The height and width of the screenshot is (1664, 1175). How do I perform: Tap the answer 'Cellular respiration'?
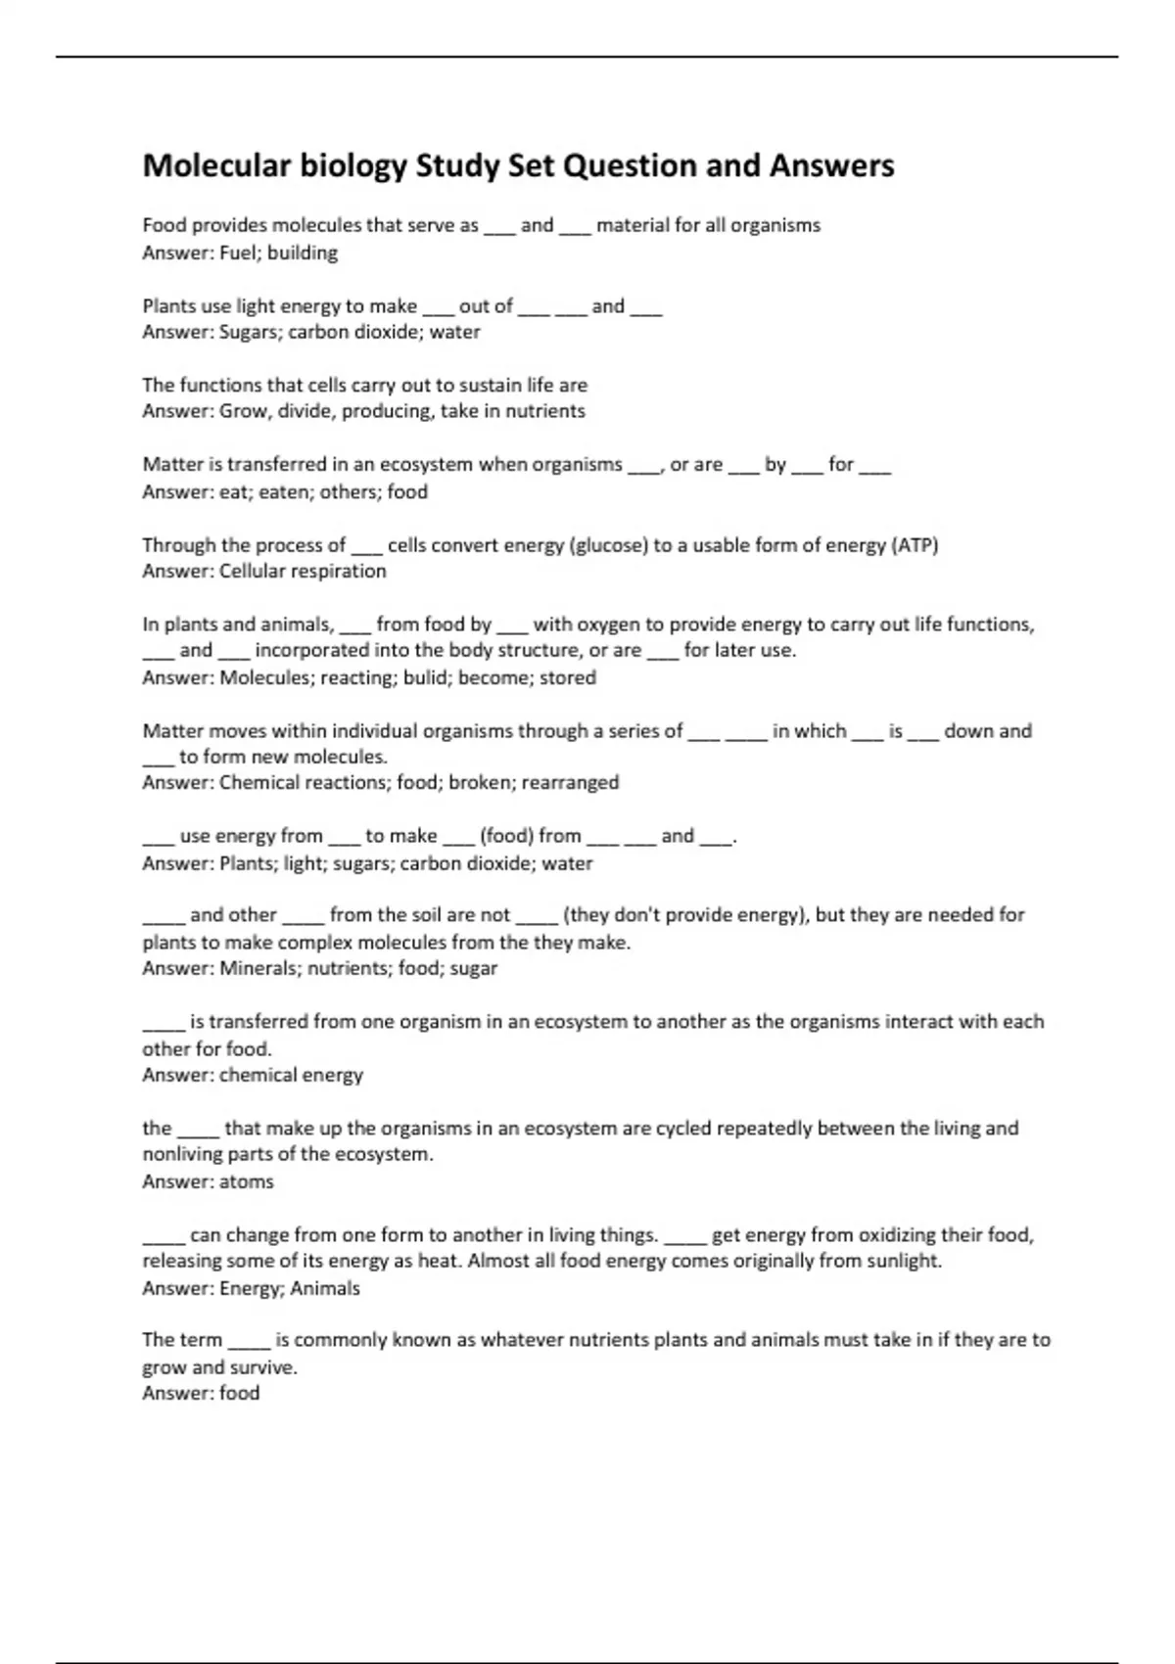coord(303,571)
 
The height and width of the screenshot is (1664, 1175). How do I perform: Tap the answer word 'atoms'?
coord(247,1181)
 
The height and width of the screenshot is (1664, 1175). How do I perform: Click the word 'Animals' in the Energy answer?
coord(325,1288)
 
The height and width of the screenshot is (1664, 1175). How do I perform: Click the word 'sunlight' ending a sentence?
coord(902,1261)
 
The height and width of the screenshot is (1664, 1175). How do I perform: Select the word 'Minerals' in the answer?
coord(259,968)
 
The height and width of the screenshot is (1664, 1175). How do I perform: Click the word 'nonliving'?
coord(182,1154)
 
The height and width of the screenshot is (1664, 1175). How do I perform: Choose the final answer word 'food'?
coord(239,1393)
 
